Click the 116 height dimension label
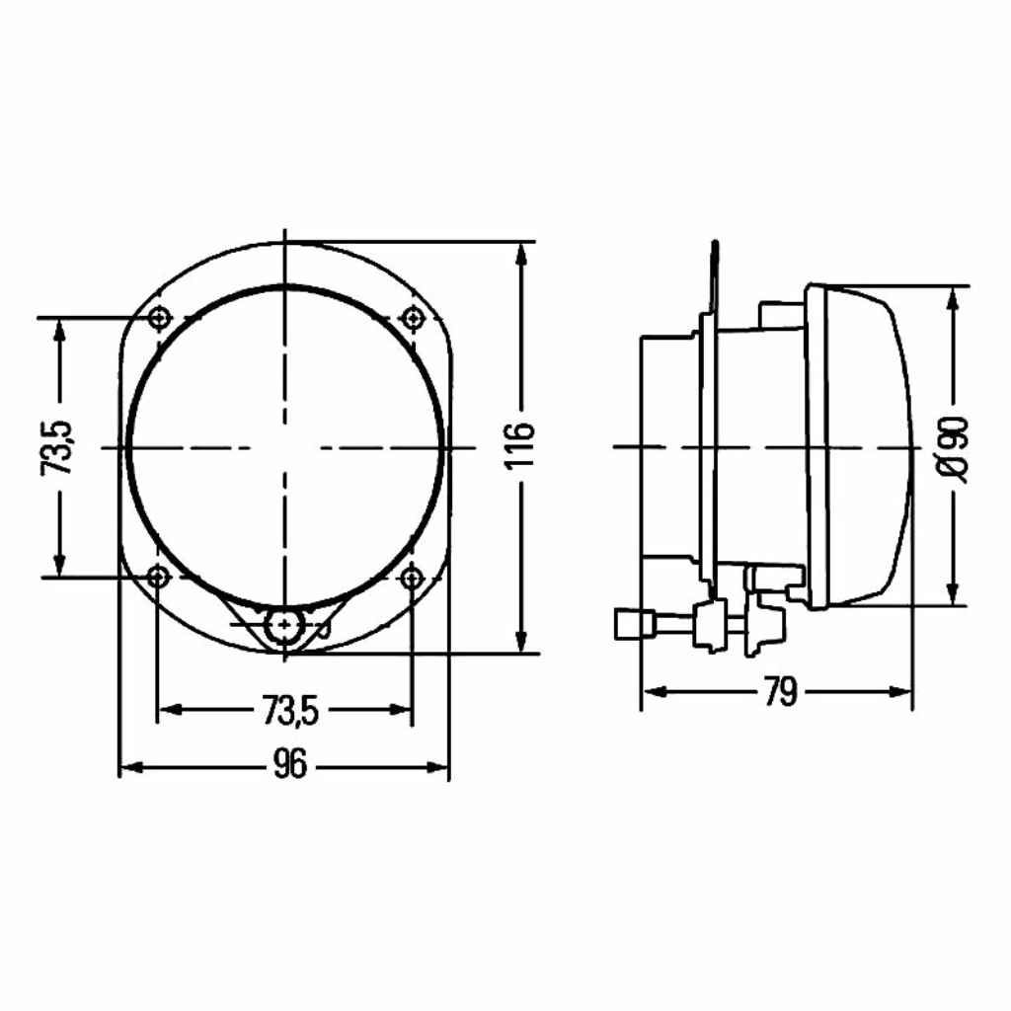(x=520, y=445)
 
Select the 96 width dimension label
(x=291, y=765)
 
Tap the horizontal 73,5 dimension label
(x=291, y=710)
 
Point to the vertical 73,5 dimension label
(x=57, y=448)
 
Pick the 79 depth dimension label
(x=780, y=692)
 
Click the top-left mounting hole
(x=159, y=318)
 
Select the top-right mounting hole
(x=412, y=318)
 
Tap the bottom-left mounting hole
(x=157, y=577)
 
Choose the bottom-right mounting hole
(x=411, y=577)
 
